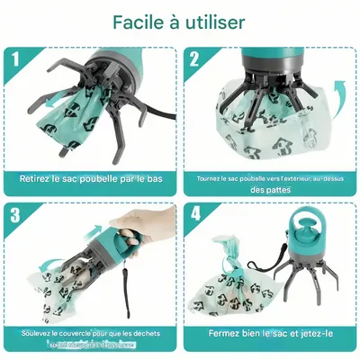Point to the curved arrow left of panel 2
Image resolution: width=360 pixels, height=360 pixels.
pos(209,125)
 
